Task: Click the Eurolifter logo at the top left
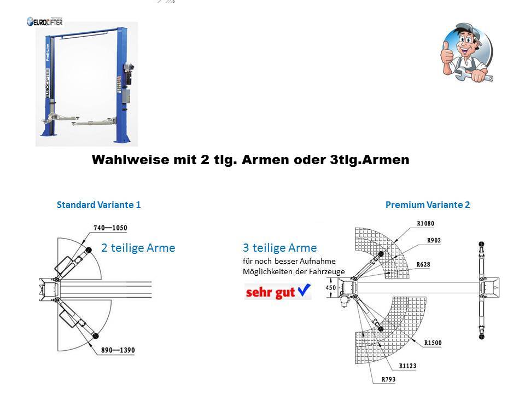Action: (x=45, y=22)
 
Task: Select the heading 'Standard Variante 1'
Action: (x=99, y=205)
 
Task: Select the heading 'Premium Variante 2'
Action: (x=428, y=205)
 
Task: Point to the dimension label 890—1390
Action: (x=117, y=350)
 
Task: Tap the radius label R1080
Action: (x=425, y=223)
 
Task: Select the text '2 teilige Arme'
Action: (x=138, y=248)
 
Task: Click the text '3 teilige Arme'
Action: (x=279, y=248)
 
